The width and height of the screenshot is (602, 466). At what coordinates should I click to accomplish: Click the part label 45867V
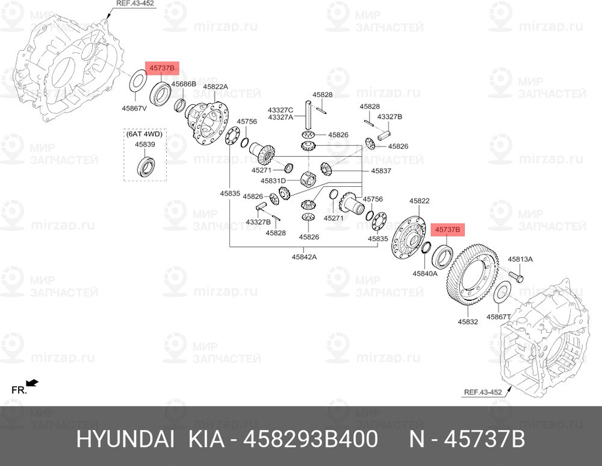click(x=134, y=109)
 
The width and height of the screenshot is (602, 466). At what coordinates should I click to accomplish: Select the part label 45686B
click(x=184, y=84)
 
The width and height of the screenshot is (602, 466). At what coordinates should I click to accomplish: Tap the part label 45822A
click(x=216, y=87)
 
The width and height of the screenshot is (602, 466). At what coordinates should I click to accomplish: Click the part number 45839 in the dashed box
click(x=144, y=144)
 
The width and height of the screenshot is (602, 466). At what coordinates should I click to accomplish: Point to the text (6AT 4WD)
click(x=144, y=134)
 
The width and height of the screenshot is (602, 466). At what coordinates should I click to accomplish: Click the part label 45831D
click(x=273, y=180)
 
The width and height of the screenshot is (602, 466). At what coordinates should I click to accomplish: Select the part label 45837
click(x=381, y=171)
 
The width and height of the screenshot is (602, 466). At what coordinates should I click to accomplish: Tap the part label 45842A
click(x=304, y=256)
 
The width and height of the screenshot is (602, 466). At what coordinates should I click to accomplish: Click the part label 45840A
click(x=425, y=273)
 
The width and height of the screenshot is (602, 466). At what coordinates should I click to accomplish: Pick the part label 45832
click(x=468, y=321)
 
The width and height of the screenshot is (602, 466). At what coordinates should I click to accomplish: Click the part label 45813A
click(x=520, y=259)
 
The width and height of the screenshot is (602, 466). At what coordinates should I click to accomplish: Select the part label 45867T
click(x=498, y=317)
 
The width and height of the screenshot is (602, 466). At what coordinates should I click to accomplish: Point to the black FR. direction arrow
click(x=33, y=383)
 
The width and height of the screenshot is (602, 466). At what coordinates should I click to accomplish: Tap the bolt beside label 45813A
click(x=517, y=276)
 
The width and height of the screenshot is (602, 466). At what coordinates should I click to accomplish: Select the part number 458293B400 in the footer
click(x=311, y=439)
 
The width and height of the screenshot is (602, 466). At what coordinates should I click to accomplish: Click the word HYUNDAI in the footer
click(x=125, y=439)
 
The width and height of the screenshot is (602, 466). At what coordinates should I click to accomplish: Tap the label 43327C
click(x=281, y=110)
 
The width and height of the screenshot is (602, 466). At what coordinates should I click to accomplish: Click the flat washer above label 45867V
click(x=137, y=80)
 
